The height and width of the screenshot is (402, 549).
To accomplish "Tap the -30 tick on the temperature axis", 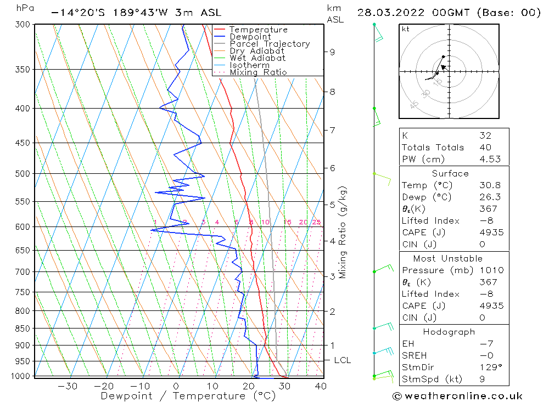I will coord(68,386).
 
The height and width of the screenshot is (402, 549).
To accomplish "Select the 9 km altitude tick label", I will coord(332,52).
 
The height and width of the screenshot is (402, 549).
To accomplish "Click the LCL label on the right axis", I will coord(342,360).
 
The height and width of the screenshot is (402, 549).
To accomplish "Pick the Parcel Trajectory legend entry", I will coord(270,44).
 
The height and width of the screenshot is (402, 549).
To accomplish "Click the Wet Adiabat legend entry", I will coord(257,58).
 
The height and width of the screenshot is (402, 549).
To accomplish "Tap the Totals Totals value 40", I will coord(485,147).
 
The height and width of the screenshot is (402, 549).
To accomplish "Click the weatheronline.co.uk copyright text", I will coord(457,396).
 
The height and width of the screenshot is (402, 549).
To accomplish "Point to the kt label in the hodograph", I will coord(406,29).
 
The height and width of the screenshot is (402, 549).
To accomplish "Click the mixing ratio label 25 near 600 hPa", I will coord(316,222).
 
